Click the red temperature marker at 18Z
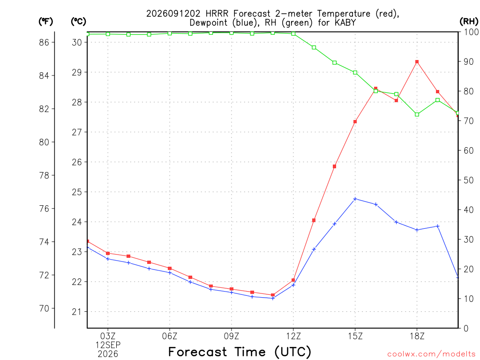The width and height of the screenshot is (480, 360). click(417, 62)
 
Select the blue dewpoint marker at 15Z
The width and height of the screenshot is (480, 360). click(355, 199)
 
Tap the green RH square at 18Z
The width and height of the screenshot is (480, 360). click(417, 114)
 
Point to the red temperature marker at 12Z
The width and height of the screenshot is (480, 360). click(293, 280)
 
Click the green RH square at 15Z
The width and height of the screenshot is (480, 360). click(355, 73)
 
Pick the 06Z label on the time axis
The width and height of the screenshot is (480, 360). click(170, 336)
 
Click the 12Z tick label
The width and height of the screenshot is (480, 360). click(293, 336)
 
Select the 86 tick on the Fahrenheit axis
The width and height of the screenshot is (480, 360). click(44, 42)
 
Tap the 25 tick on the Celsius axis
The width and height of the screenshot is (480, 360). click(77, 192)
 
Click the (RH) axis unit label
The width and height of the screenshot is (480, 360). click(469, 22)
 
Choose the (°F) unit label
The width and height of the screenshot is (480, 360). click(45, 22)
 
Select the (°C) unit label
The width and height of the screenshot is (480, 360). click(78, 22)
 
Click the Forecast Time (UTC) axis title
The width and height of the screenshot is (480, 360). click(240, 352)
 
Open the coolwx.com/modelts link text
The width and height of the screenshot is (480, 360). click(431, 354)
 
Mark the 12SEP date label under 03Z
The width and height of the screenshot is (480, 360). click(108, 345)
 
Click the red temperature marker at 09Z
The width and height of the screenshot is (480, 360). click(232, 289)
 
